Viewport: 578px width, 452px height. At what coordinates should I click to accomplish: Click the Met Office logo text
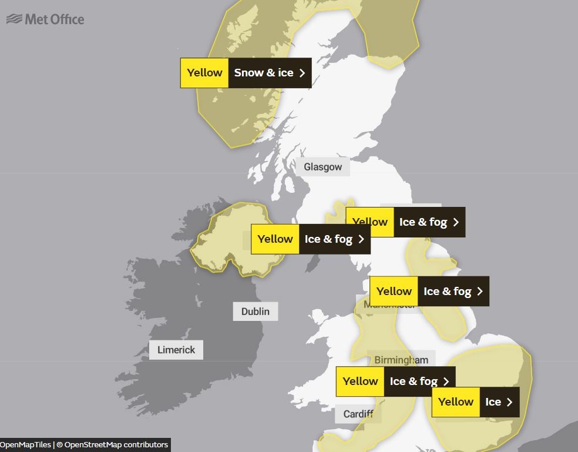[x=55, y=19]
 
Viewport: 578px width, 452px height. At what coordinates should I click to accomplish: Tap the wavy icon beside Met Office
[x=14, y=19]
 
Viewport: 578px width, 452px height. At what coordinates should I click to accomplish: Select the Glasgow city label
[x=322, y=167]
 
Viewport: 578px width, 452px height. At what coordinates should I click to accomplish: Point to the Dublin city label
[x=255, y=311]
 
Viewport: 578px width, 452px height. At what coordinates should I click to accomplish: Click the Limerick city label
[x=176, y=350]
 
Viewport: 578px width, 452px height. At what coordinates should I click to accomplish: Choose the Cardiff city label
[x=358, y=414]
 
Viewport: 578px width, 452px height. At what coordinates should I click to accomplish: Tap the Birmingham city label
[x=401, y=359]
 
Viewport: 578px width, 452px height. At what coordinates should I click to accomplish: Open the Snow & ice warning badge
[x=246, y=73]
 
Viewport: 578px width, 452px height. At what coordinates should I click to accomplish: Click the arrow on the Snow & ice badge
[x=302, y=73]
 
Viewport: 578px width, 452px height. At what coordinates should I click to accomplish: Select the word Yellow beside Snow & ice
[x=204, y=73]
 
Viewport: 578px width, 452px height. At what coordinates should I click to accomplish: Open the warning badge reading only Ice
[x=475, y=402]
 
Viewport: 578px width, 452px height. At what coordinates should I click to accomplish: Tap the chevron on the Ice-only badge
[x=509, y=402]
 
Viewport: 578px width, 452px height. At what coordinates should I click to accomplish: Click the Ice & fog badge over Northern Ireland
[x=310, y=239]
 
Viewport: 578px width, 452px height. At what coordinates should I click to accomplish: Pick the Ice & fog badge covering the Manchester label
[x=429, y=291]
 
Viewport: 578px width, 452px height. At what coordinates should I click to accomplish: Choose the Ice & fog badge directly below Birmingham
[x=395, y=381]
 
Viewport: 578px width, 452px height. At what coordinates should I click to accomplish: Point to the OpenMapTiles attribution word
[x=25, y=444]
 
